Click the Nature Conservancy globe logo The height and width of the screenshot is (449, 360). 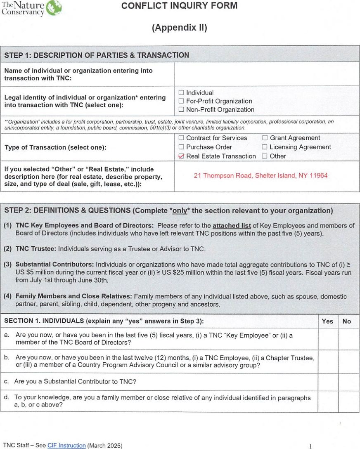point(54,7)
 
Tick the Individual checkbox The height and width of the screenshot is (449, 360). point(181,93)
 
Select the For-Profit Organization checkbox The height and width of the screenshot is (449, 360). point(181,101)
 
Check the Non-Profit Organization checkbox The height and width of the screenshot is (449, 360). point(181,110)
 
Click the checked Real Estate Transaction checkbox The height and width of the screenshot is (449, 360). point(181,156)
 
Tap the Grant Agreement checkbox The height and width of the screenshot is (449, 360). point(265,138)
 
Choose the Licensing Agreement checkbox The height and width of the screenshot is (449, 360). point(265,147)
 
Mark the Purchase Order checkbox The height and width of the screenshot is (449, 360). point(181,147)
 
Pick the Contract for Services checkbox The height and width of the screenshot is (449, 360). point(181,138)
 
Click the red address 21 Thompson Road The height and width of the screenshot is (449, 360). point(261,175)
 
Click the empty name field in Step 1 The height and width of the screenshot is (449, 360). point(266,74)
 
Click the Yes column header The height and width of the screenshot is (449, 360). point(327,321)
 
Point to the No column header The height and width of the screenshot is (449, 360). point(347,321)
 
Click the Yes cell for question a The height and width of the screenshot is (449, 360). point(328,339)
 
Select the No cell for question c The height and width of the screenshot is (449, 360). point(349,382)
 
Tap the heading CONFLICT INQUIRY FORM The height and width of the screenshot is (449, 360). point(180,6)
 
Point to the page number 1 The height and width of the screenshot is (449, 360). point(310,446)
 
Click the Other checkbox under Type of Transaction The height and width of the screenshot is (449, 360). point(265,156)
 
